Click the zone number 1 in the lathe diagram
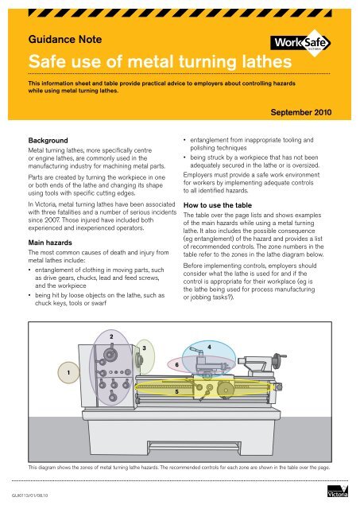71,371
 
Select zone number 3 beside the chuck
143,348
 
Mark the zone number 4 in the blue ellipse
208,348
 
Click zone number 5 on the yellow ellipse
176,392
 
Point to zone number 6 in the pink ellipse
176,364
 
